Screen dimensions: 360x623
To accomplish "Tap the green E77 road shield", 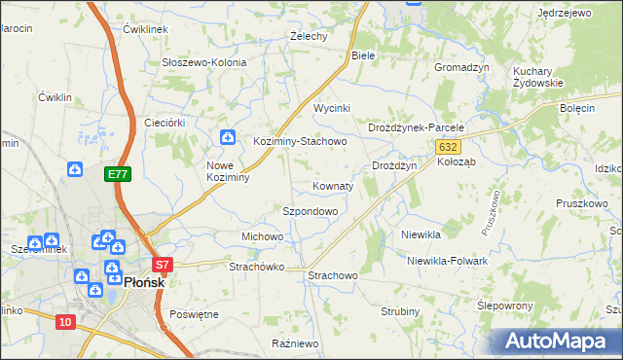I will tap(118, 174).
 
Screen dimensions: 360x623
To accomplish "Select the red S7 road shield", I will tap(163, 264).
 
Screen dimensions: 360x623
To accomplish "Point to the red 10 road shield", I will tap(65, 322).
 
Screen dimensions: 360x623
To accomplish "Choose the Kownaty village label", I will tap(333, 185).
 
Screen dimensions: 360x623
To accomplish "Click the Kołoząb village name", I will tap(456, 162).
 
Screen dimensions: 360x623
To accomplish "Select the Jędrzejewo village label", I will tap(565, 13).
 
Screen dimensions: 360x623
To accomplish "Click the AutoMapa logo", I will tap(559, 342).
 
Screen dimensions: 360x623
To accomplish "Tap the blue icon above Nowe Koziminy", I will tap(227, 139).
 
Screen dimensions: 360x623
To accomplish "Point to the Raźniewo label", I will tap(296, 343).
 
